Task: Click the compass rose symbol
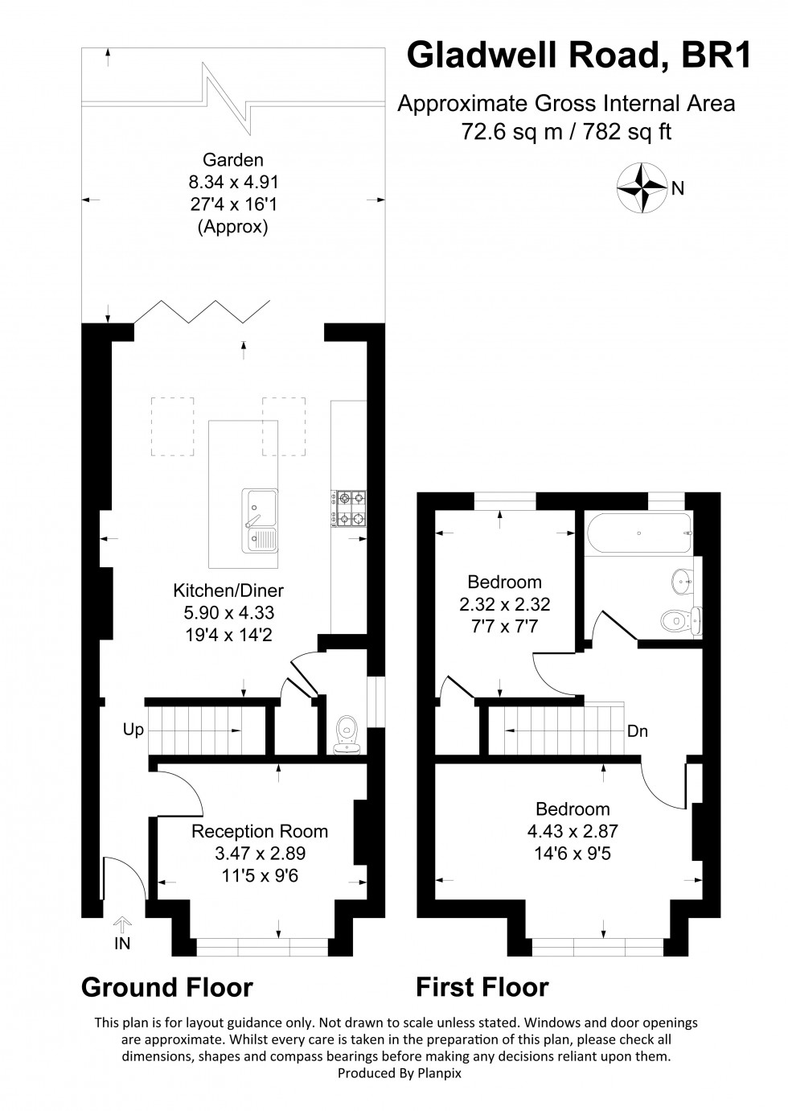click(642, 188)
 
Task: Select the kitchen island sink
click(259, 521)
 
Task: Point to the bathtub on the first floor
click(638, 533)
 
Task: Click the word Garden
click(233, 160)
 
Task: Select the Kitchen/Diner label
click(228, 590)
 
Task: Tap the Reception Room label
click(260, 831)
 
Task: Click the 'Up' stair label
click(133, 730)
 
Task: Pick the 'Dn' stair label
click(638, 731)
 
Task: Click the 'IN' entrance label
click(122, 944)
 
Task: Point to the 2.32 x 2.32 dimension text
click(504, 604)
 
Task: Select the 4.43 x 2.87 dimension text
click(573, 830)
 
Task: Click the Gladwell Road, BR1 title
click(579, 56)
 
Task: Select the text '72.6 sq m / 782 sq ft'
click(566, 131)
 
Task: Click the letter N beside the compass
click(678, 188)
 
